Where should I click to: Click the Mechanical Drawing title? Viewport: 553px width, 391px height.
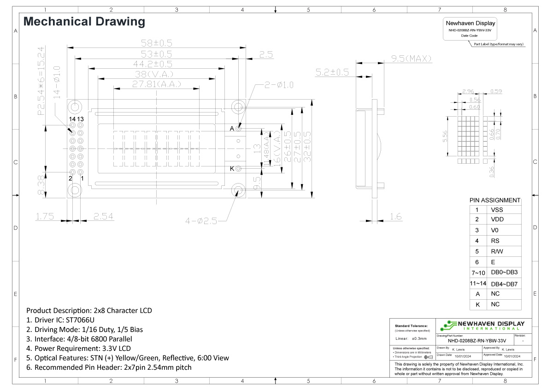tap(84, 21)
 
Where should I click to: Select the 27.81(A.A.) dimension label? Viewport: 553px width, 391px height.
tap(156, 84)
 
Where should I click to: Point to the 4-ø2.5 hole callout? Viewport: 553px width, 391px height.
tap(201, 221)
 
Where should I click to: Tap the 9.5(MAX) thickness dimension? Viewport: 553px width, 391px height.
tap(411, 59)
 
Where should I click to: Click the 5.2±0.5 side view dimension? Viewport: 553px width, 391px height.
tap(332, 72)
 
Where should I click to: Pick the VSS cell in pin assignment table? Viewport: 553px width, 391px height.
tap(497, 209)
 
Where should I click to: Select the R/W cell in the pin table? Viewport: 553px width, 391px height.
tap(497, 251)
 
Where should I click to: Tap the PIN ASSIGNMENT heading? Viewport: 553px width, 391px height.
tap(495, 201)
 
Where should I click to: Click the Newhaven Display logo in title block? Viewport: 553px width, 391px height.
tap(482, 325)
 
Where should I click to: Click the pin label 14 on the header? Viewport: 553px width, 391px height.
tap(72, 119)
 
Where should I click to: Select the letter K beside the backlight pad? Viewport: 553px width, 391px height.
tap(232, 168)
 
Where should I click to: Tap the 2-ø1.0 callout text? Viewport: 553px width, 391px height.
tap(279, 85)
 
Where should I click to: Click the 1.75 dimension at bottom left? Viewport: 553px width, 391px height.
tap(45, 216)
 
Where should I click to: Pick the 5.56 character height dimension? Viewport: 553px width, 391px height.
tap(445, 137)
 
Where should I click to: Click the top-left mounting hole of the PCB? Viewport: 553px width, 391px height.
tap(75, 107)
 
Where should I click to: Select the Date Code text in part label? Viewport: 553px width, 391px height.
tap(469, 36)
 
